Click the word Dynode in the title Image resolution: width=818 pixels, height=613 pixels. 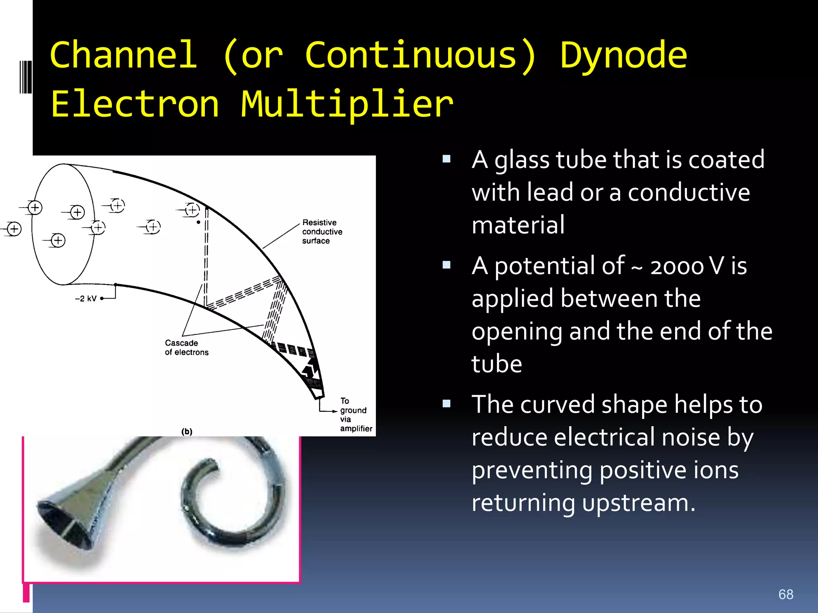pos(623,56)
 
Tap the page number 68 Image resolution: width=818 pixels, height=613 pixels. pos(786,594)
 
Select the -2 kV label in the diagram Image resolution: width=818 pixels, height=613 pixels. pos(86,299)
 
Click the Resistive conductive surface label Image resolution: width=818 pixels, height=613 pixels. pos(322,231)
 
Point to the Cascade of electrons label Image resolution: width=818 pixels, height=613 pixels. pos(186,348)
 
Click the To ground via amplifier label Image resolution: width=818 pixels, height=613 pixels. pos(355,415)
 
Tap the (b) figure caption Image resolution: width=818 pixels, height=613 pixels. pos(187,431)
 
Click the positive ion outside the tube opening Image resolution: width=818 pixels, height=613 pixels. pos(14,229)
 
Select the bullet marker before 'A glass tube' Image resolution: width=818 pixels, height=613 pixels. pos(447,160)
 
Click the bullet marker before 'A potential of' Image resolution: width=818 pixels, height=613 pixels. pos(447,265)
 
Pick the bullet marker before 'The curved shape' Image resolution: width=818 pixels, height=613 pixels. pos(447,404)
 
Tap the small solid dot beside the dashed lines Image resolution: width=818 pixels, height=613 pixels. pos(198,222)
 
